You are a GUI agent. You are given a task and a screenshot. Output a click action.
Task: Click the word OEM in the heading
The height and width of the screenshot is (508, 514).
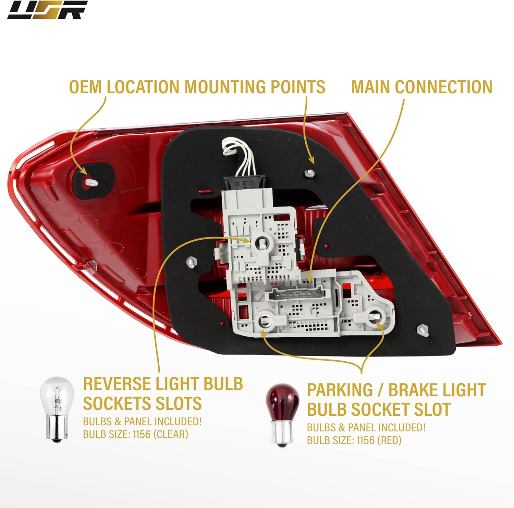[x=85, y=87]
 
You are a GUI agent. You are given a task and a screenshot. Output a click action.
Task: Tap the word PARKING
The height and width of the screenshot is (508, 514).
[x=340, y=390]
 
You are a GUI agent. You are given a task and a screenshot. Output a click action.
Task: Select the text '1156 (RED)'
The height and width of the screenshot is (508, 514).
[x=379, y=440]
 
